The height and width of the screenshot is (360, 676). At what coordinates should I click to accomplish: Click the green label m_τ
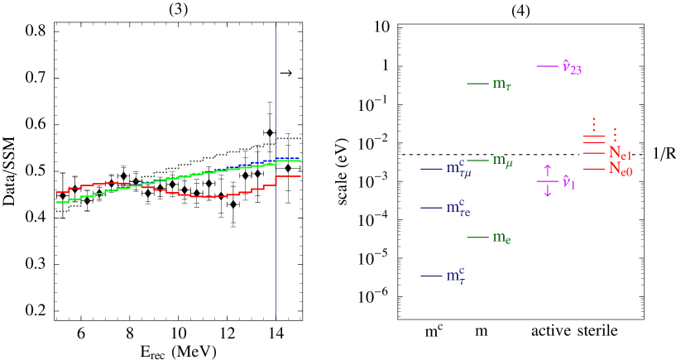(501, 84)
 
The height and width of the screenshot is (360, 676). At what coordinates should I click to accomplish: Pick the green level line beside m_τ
(477, 83)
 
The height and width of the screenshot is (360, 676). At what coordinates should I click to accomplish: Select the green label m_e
(501, 238)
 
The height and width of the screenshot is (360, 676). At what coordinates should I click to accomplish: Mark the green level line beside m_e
(477, 238)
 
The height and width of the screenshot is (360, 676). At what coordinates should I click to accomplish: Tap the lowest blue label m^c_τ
(455, 276)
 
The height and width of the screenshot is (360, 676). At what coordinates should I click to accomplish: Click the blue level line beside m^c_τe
(431, 207)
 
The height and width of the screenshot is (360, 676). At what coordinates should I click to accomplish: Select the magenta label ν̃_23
(572, 67)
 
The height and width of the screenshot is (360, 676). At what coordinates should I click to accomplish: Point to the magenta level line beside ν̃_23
(547, 66)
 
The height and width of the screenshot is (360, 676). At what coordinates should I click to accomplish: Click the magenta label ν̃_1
(568, 182)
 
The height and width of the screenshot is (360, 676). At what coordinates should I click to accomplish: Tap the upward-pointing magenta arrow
(547, 171)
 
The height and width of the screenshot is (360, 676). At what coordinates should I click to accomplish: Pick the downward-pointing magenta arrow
(547, 190)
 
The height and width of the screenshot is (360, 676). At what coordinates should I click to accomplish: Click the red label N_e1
(620, 154)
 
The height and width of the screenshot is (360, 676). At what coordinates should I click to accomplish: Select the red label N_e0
(620, 170)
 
